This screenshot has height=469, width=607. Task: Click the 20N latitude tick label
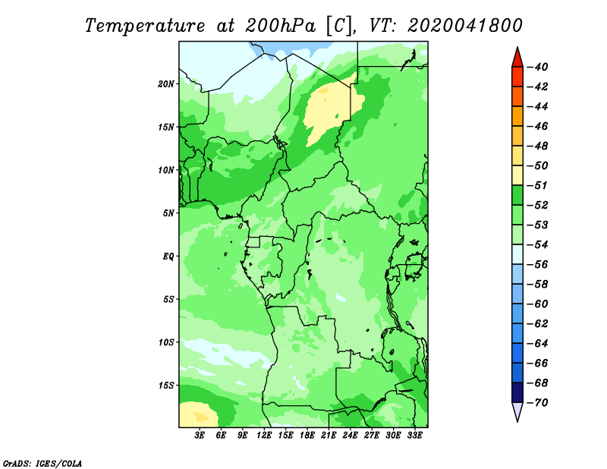tap(166, 84)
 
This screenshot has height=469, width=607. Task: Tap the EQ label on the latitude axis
tap(168, 257)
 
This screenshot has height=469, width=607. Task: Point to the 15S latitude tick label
tap(166, 386)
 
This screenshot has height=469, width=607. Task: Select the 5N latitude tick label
tap(168, 213)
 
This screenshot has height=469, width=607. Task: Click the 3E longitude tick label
tap(200, 436)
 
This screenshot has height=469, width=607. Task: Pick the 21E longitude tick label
tap(329, 436)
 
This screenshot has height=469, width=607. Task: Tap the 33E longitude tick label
tap(414, 436)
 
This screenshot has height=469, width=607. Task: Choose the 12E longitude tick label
tap(264, 436)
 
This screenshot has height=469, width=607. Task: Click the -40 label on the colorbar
tap(537, 67)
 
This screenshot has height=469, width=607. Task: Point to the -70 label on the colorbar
tap(537, 403)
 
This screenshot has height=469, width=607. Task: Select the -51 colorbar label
tap(537, 185)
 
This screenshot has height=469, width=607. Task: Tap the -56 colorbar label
tap(537, 265)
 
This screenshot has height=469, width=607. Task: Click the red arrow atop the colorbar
tap(517, 58)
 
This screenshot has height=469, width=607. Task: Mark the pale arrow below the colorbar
tap(517, 411)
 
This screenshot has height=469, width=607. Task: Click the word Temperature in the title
tap(145, 26)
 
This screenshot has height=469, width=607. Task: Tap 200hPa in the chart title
tap(280, 26)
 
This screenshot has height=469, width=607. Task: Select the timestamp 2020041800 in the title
tap(465, 26)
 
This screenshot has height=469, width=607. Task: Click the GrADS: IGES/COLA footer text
tap(42, 464)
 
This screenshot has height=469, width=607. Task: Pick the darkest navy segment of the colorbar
tap(517, 392)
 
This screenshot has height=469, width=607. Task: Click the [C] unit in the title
tap(338, 26)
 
